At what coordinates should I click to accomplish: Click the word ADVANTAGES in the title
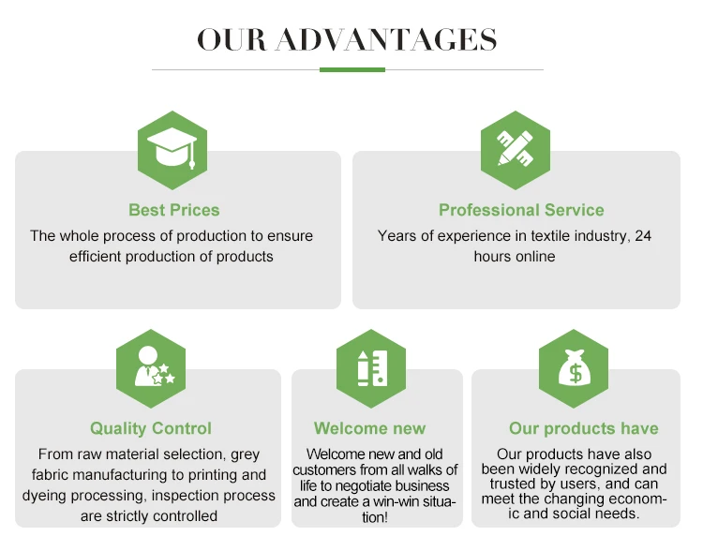[386, 39]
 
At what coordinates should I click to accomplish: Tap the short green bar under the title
[351, 69]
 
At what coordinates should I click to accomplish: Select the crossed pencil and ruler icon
[516, 148]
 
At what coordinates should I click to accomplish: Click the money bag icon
[574, 367]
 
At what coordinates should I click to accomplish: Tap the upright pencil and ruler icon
[372, 368]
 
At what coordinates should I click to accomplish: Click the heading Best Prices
[174, 210]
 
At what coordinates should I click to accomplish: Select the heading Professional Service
[521, 210]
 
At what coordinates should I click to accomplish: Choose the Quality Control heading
[151, 428]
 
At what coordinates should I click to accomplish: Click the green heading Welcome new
[369, 428]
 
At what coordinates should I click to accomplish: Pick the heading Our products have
[583, 428]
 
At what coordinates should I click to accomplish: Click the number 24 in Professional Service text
[642, 236]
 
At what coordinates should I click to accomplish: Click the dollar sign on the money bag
[575, 373]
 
